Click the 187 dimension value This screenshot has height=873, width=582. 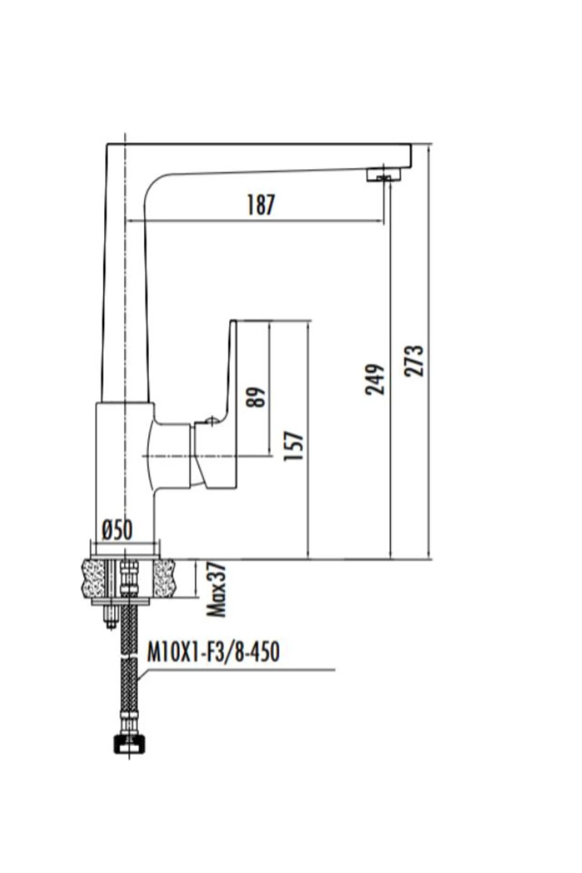(261, 205)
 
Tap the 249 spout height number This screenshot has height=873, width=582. (375, 379)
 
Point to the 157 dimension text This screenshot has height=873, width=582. (293, 446)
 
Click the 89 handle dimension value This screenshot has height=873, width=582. (256, 397)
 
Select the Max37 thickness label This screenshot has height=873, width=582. (216, 590)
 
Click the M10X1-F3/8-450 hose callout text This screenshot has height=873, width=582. (213, 652)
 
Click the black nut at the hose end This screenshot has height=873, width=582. (129, 744)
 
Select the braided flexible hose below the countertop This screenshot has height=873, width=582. (129, 679)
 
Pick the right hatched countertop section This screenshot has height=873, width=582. (164, 579)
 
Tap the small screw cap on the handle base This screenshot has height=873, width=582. (210, 420)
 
